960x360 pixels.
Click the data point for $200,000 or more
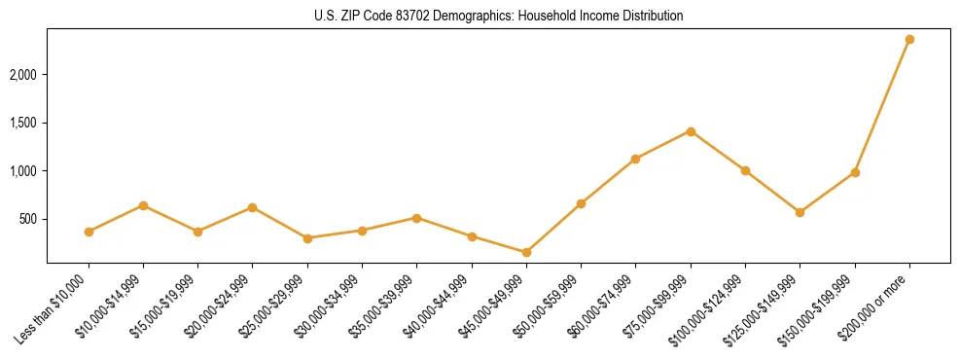909,39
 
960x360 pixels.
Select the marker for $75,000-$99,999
691,131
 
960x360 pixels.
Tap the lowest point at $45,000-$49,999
526,252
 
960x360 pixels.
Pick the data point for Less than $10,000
89,232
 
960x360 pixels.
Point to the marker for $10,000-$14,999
143,205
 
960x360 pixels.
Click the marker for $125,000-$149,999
800,212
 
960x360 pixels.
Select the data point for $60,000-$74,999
635,159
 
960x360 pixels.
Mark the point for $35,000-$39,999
416,218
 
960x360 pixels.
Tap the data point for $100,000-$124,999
745,170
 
